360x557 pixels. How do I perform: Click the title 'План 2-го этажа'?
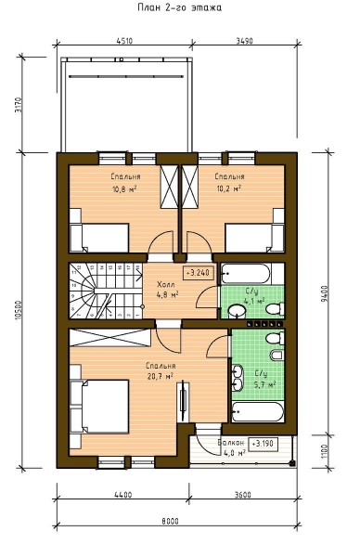click(x=180, y=7)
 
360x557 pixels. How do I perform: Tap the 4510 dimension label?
click(x=124, y=41)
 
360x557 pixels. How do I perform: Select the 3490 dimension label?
click(x=245, y=41)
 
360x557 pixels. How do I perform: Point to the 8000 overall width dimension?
click(x=170, y=522)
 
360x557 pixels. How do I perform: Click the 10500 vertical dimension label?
click(x=19, y=310)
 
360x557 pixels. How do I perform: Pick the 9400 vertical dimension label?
click(x=326, y=293)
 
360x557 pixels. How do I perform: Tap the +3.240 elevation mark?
click(x=199, y=273)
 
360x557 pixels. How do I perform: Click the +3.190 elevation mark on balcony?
click(x=264, y=444)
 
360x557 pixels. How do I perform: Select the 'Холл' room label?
click(x=166, y=285)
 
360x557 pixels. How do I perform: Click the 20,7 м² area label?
click(x=161, y=376)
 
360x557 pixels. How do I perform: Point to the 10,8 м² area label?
click(x=124, y=188)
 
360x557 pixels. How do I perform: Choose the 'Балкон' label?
click(x=231, y=443)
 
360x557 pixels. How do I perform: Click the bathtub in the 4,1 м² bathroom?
click(x=245, y=274)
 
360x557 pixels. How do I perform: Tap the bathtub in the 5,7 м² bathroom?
click(x=258, y=411)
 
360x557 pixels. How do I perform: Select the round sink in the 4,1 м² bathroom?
click(x=237, y=311)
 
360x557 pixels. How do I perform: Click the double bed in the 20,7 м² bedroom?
click(x=99, y=407)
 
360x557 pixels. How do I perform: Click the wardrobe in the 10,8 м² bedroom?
click(x=169, y=187)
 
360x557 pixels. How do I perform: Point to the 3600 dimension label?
click(x=243, y=494)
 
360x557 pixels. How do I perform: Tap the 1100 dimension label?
click(x=326, y=451)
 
